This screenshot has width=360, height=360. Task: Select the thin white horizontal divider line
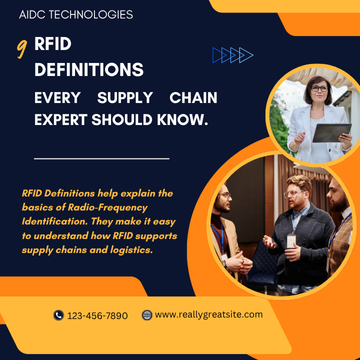(x=101, y=158)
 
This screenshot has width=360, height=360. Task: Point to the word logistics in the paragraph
(x=122, y=249)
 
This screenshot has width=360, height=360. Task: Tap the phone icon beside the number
(x=58, y=315)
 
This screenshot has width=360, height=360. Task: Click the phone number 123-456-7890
(x=98, y=315)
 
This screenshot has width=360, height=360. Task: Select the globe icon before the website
(x=147, y=315)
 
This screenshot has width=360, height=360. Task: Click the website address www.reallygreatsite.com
(x=208, y=315)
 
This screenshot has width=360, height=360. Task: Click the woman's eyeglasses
(x=320, y=89)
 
